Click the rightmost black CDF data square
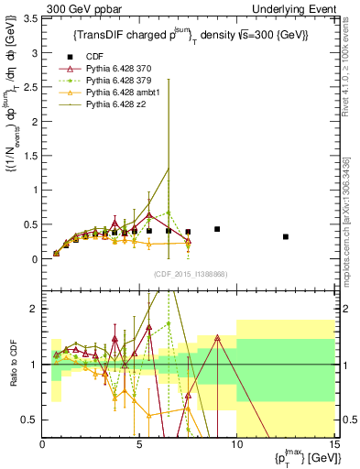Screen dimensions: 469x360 click(286, 236)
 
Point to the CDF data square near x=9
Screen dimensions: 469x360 click(217, 229)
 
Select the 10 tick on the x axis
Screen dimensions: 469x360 click(236, 446)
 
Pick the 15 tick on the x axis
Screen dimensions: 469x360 click(333, 446)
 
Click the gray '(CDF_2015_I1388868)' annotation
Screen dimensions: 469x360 click(190, 275)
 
